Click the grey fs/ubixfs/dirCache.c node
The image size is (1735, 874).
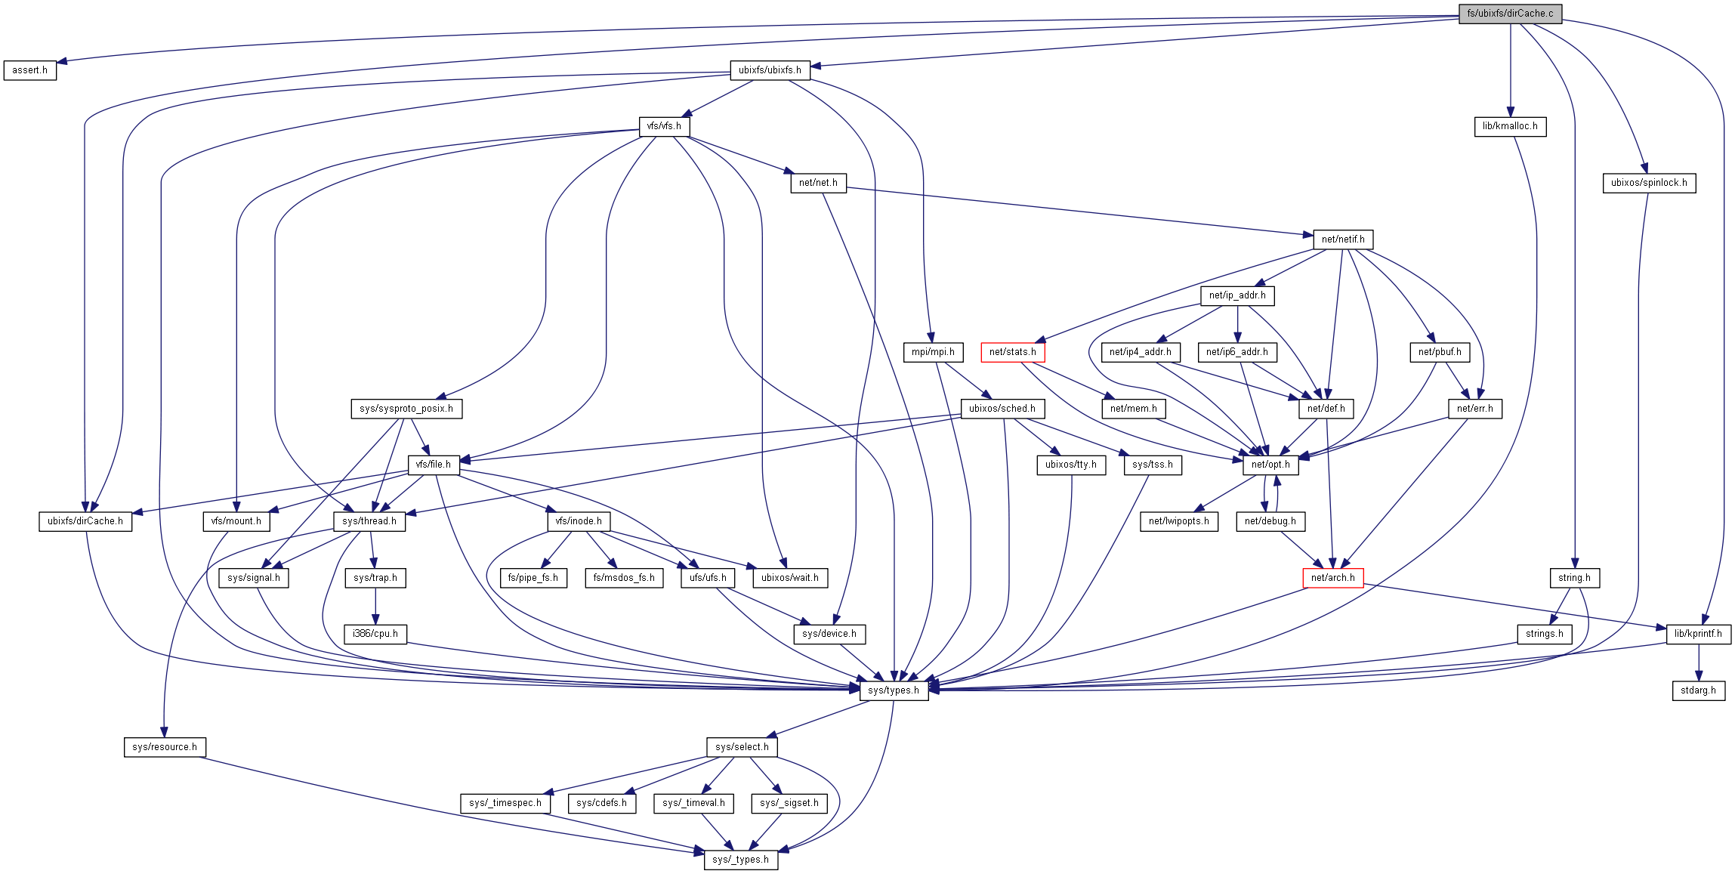point(1509,14)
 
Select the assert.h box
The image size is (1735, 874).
point(30,70)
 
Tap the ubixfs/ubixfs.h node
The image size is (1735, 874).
point(770,70)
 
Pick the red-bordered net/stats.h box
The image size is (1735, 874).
point(1012,352)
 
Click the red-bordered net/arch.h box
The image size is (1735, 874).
point(1332,578)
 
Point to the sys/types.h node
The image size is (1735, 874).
point(894,690)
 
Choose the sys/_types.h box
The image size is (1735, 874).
point(740,860)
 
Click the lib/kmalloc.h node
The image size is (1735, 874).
point(1509,126)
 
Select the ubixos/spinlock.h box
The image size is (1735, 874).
point(1648,183)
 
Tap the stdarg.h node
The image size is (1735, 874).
point(1698,690)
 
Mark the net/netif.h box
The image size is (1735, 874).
point(1342,239)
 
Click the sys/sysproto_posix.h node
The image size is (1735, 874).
point(406,409)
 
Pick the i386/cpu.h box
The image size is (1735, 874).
point(375,634)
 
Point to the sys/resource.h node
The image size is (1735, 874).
point(165,747)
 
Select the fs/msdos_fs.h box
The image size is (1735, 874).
point(624,578)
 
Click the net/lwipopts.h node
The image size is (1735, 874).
point(1178,521)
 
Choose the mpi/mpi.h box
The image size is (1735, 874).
point(933,352)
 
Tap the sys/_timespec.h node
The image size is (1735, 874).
point(505,803)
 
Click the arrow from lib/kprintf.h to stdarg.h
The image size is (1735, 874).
point(1698,662)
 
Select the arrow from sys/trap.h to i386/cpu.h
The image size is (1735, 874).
point(375,606)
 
